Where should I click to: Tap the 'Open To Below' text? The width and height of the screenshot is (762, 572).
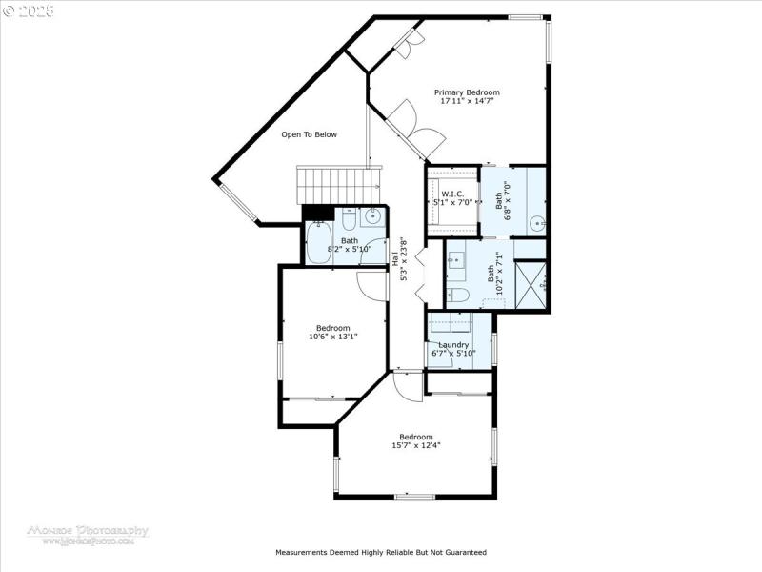coord(309,134)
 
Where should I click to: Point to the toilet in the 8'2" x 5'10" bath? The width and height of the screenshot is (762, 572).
coord(349,215)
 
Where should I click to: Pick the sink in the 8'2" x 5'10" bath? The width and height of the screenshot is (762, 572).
coord(372,215)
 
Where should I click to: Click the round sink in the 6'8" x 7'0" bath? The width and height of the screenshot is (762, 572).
coord(537,225)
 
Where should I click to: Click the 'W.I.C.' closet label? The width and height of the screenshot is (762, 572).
coord(452,194)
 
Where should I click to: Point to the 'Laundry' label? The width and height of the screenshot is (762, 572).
coord(452,345)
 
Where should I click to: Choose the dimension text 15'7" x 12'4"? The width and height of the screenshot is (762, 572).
coord(416,445)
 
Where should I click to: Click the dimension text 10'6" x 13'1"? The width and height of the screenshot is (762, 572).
coord(333,336)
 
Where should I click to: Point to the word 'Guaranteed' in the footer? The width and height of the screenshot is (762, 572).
coord(464,552)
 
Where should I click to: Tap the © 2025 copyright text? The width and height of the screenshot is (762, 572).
coord(29,10)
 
